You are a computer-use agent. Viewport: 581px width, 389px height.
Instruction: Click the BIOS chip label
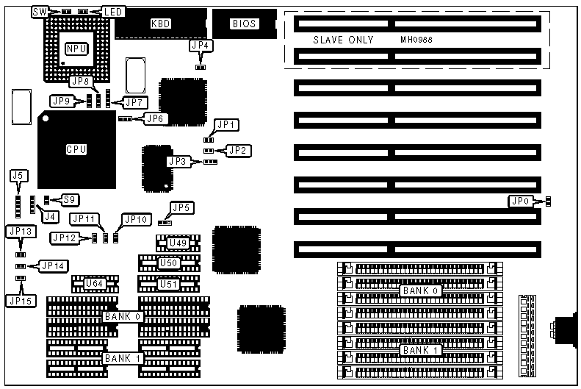point(245,24)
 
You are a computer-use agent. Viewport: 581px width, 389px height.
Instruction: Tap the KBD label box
point(160,24)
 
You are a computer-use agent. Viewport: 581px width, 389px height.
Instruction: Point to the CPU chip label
point(76,149)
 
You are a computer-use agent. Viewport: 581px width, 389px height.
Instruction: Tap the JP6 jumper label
point(155,118)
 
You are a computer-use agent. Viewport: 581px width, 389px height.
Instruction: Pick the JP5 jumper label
point(181,208)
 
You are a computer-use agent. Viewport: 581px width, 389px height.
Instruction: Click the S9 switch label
point(70,199)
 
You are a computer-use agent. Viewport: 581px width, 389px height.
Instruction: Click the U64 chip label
point(94,283)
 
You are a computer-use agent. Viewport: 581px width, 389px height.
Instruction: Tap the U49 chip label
point(177,243)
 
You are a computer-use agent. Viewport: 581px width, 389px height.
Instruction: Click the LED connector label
point(112,12)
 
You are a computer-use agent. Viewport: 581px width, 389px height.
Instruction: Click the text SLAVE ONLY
point(343,40)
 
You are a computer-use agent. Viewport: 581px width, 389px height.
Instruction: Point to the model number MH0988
point(416,40)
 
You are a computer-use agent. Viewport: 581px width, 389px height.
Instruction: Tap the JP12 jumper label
point(62,238)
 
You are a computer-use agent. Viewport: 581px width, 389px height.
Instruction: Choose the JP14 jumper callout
point(53,265)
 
